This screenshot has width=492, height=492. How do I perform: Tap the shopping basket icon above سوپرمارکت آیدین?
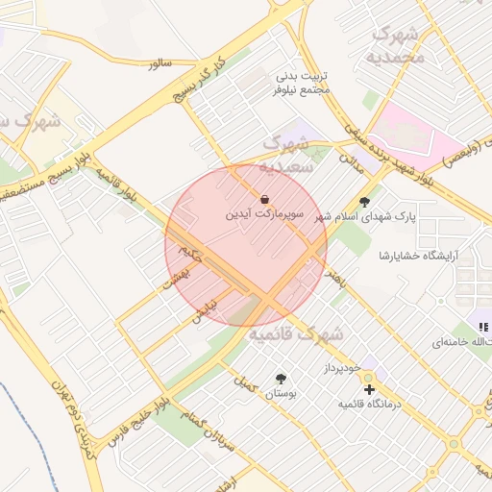click(x=265, y=200)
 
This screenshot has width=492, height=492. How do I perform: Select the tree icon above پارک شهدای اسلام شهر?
click(x=364, y=202)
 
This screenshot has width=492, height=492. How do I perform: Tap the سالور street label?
click(x=160, y=63)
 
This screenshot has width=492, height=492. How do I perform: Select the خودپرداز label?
click(x=341, y=368)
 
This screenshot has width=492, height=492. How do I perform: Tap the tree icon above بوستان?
click(x=281, y=379)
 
